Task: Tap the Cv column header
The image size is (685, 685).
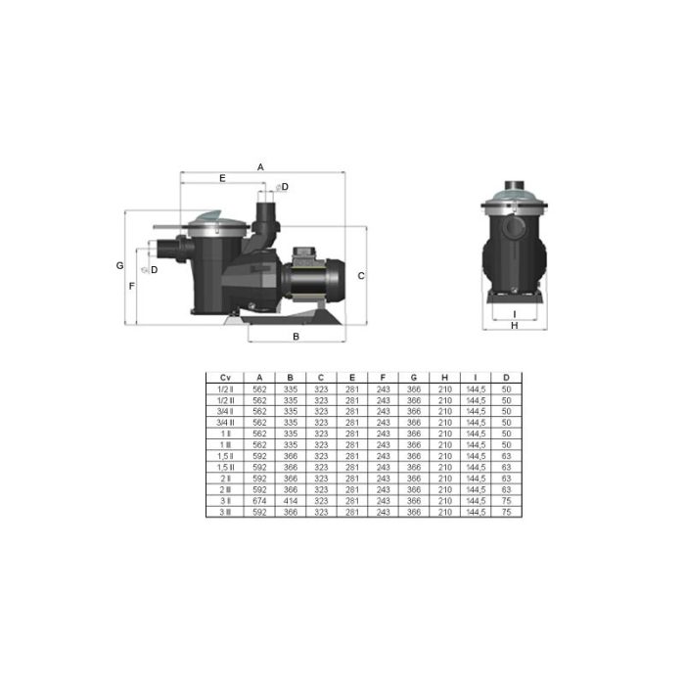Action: tap(225, 377)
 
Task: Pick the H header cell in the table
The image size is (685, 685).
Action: tap(444, 377)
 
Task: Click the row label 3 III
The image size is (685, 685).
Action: tap(225, 512)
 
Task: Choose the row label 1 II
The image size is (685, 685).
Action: tap(225, 432)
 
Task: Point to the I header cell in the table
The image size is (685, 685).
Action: tap(475, 377)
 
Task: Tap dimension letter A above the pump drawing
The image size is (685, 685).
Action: tap(261, 167)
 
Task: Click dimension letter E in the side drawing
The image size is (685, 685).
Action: tap(222, 179)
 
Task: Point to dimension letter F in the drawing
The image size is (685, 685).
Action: tap(132, 286)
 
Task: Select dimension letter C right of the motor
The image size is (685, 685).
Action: tap(360, 276)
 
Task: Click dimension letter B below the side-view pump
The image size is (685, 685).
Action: tap(297, 337)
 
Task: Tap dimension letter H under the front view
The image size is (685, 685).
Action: tap(514, 327)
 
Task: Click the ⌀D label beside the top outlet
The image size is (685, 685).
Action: tap(282, 186)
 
